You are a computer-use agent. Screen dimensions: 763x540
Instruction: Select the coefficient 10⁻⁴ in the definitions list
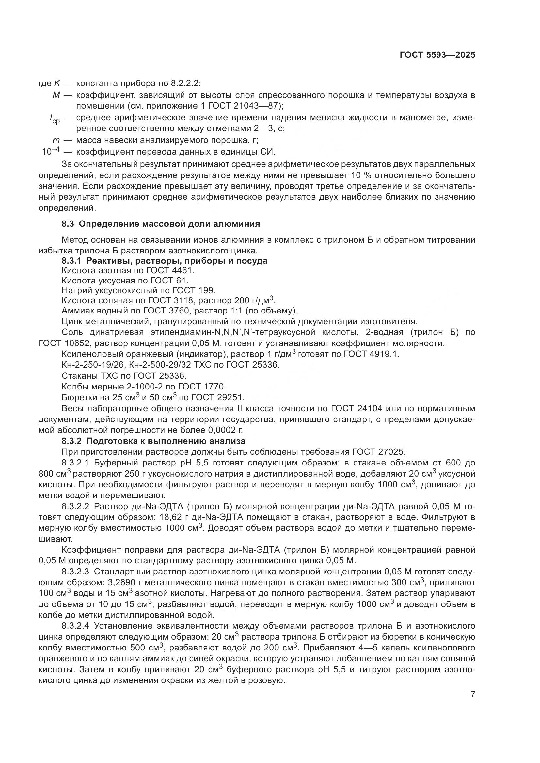coord(51,152)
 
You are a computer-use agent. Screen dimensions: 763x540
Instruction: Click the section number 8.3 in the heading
coord(68,224)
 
